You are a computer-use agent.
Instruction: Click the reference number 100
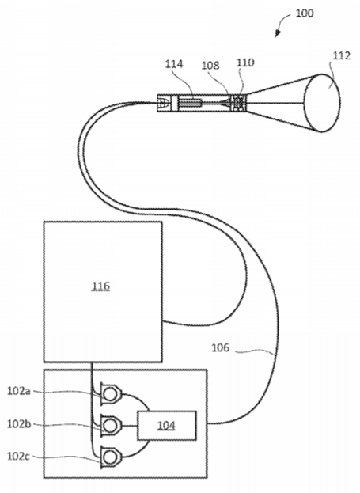[305, 13]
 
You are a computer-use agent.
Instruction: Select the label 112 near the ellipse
[342, 55]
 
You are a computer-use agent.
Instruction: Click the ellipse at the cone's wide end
[322, 103]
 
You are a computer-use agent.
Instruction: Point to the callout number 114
[174, 64]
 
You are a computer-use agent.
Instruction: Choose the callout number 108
[210, 66]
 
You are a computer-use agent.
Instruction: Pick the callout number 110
[245, 63]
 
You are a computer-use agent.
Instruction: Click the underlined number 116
[100, 286]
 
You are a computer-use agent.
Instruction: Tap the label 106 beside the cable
[221, 347]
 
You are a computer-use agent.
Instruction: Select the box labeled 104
[167, 425]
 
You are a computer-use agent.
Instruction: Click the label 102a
[19, 391]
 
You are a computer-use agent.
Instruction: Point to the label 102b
[19, 424]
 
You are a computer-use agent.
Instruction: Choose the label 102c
[18, 457]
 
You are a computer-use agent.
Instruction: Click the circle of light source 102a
[110, 394]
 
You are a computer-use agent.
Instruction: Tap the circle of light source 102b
[110, 426]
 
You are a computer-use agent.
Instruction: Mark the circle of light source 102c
[110, 457]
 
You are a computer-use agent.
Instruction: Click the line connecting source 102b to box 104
[129, 426]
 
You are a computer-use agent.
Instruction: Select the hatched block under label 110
[238, 103]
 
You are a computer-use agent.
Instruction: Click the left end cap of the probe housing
[164, 103]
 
